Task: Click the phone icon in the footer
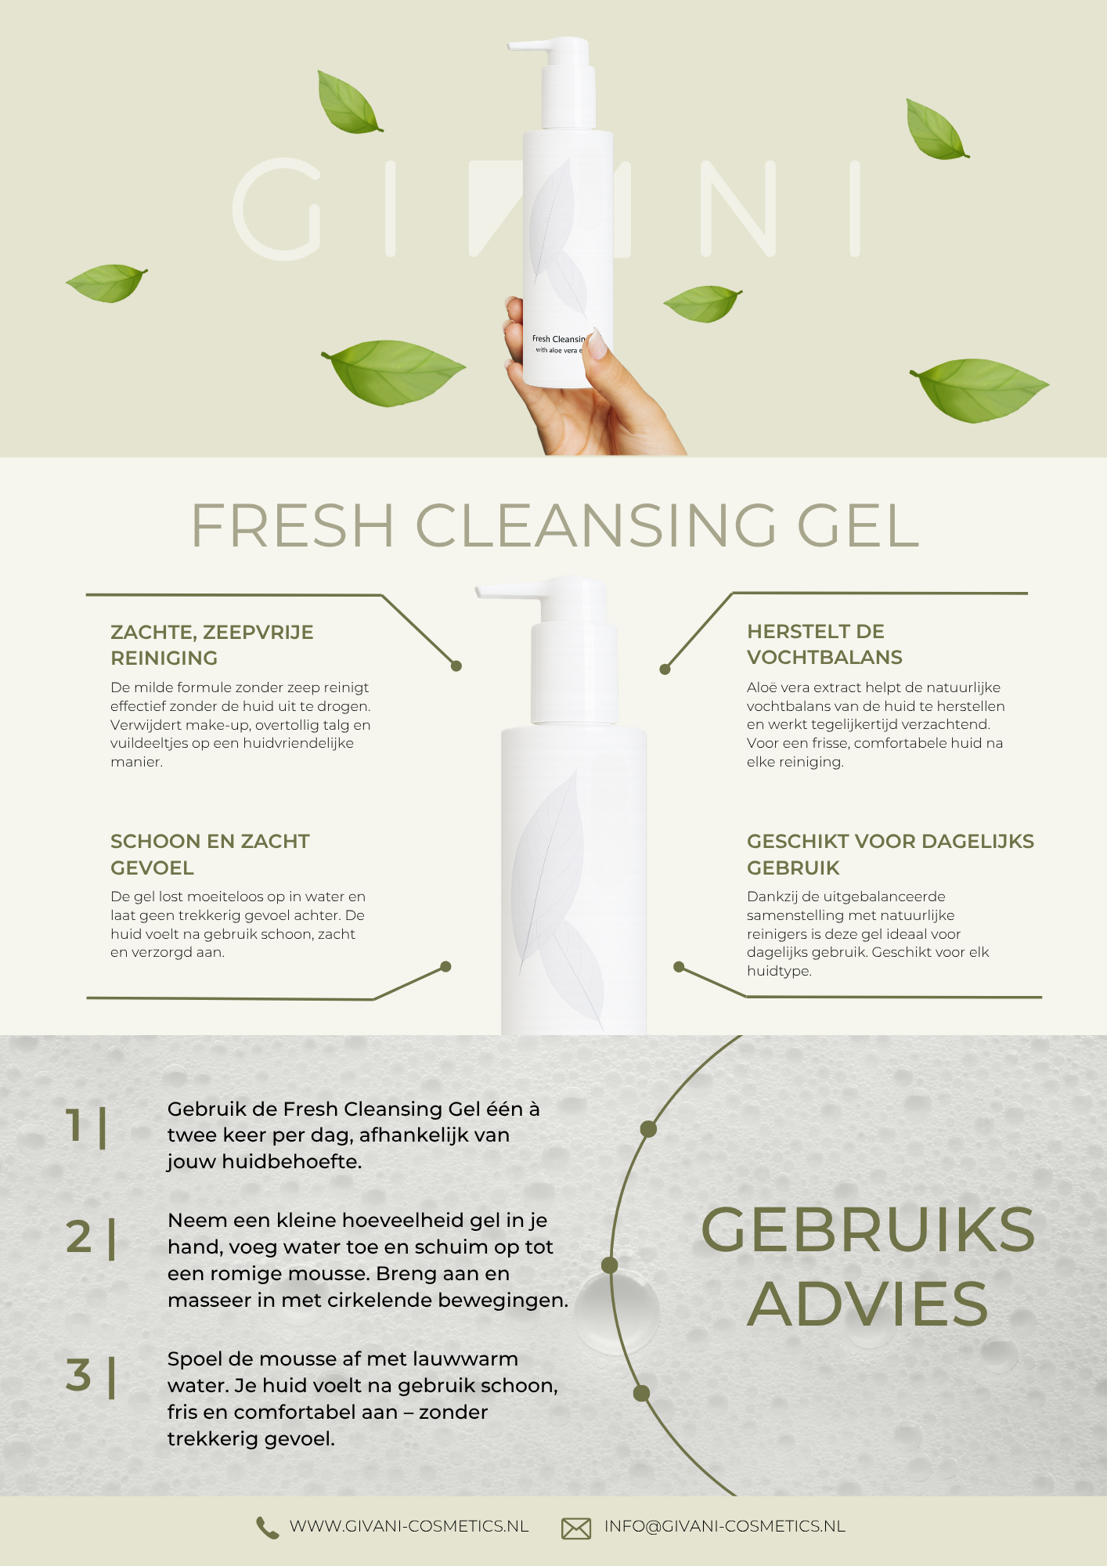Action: [267, 1528]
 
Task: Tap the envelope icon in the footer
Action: [576, 1528]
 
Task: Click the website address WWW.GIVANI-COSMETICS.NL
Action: [409, 1526]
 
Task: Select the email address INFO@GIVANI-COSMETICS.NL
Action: [724, 1526]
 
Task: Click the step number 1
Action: [75, 1125]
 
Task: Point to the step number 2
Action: [78, 1237]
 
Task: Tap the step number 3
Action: [78, 1375]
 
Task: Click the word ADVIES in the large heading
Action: [867, 1304]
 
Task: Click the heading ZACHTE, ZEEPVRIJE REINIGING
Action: [211, 645]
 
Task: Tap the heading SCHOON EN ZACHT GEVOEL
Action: [210, 854]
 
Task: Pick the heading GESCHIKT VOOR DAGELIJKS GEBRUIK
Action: [889, 854]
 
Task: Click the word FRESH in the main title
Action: [292, 525]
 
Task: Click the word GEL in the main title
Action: [857, 525]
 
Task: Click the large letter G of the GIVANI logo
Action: [277, 209]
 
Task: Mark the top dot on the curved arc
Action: [648, 1129]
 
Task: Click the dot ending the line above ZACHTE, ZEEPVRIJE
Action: [456, 666]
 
